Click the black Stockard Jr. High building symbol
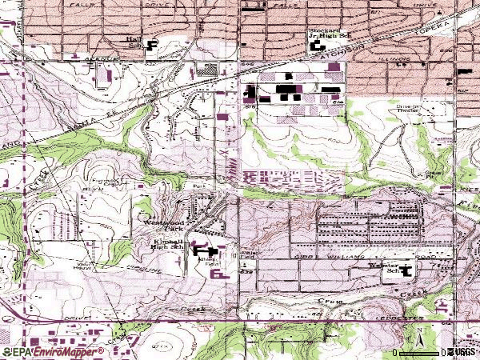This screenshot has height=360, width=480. click(318, 46)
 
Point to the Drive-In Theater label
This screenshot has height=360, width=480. click(411, 108)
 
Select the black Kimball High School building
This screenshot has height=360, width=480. click(200, 251)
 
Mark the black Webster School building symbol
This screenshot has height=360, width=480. click(406, 270)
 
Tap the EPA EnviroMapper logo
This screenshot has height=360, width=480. click(53, 351)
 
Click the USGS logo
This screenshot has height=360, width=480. click(463, 351)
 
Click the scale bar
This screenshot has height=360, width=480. click(420, 352)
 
